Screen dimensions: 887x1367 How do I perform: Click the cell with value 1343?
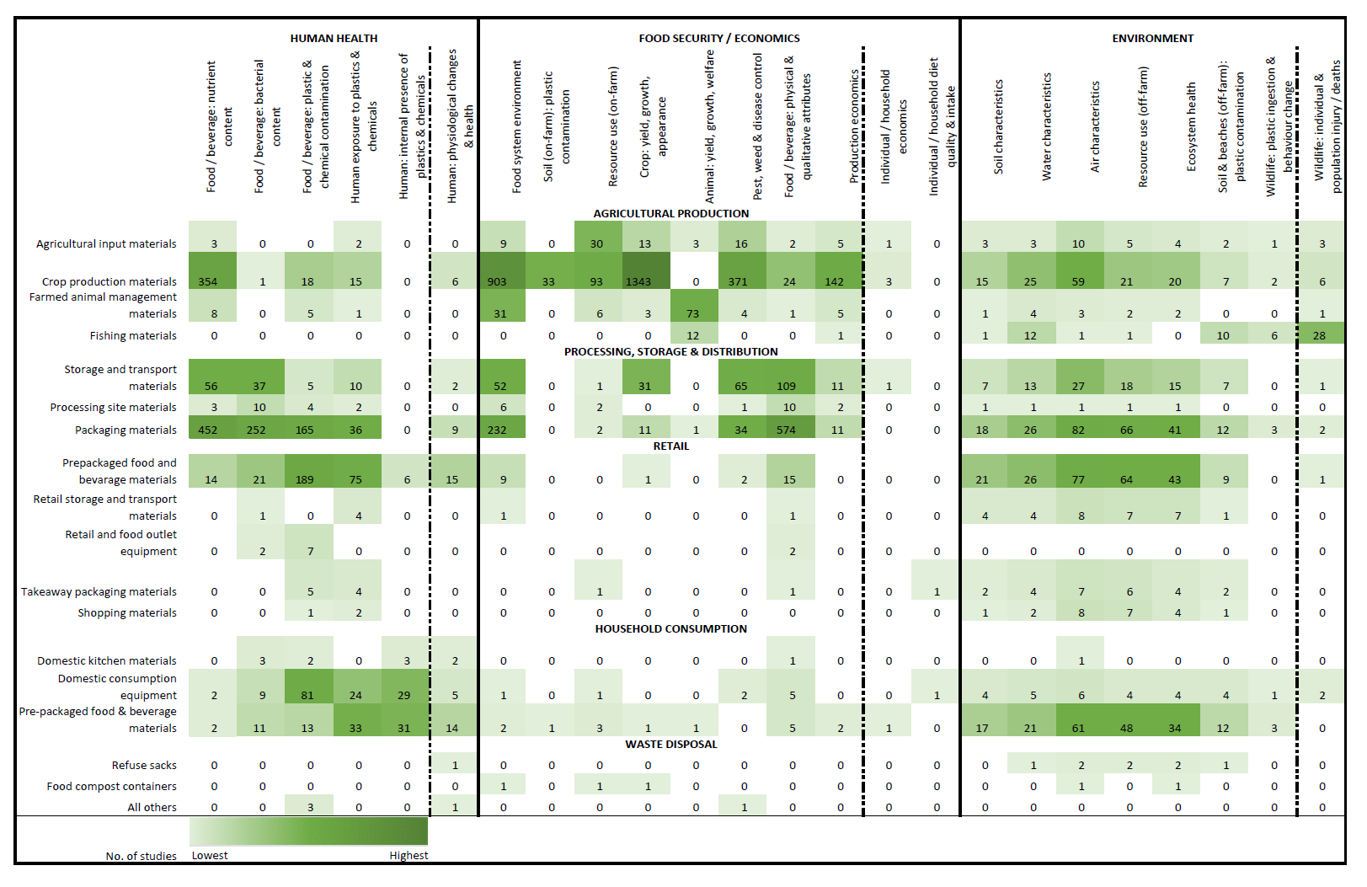pos(638,281)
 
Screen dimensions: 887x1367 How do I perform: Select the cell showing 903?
pos(497,281)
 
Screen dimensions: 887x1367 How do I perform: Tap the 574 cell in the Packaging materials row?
pos(786,430)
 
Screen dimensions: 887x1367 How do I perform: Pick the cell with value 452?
pos(208,430)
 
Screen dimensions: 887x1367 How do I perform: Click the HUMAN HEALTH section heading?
pos(334,38)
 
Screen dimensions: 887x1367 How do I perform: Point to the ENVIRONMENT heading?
pos(1152,38)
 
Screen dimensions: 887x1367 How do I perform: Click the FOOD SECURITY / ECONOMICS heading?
pos(718,38)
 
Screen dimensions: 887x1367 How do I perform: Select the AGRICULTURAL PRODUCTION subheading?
pos(670,213)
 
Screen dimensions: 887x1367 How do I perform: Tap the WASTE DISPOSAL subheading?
pos(670,744)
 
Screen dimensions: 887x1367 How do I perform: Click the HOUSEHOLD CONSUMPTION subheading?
pos(670,628)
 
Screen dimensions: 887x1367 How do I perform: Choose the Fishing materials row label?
pos(133,335)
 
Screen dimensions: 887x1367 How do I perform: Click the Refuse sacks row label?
pos(144,765)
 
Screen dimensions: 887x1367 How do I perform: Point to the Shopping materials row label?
pos(127,612)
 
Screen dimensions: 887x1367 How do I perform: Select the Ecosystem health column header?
pos(1191,126)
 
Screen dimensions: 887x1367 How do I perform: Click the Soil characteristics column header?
pos(999,126)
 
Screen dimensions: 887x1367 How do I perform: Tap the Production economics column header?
pos(854,126)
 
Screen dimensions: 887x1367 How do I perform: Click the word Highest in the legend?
pos(408,855)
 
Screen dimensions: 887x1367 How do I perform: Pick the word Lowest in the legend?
pos(210,855)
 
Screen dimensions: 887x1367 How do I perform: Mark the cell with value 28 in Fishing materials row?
pos(1319,335)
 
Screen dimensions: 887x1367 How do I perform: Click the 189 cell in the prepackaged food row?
pos(305,479)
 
